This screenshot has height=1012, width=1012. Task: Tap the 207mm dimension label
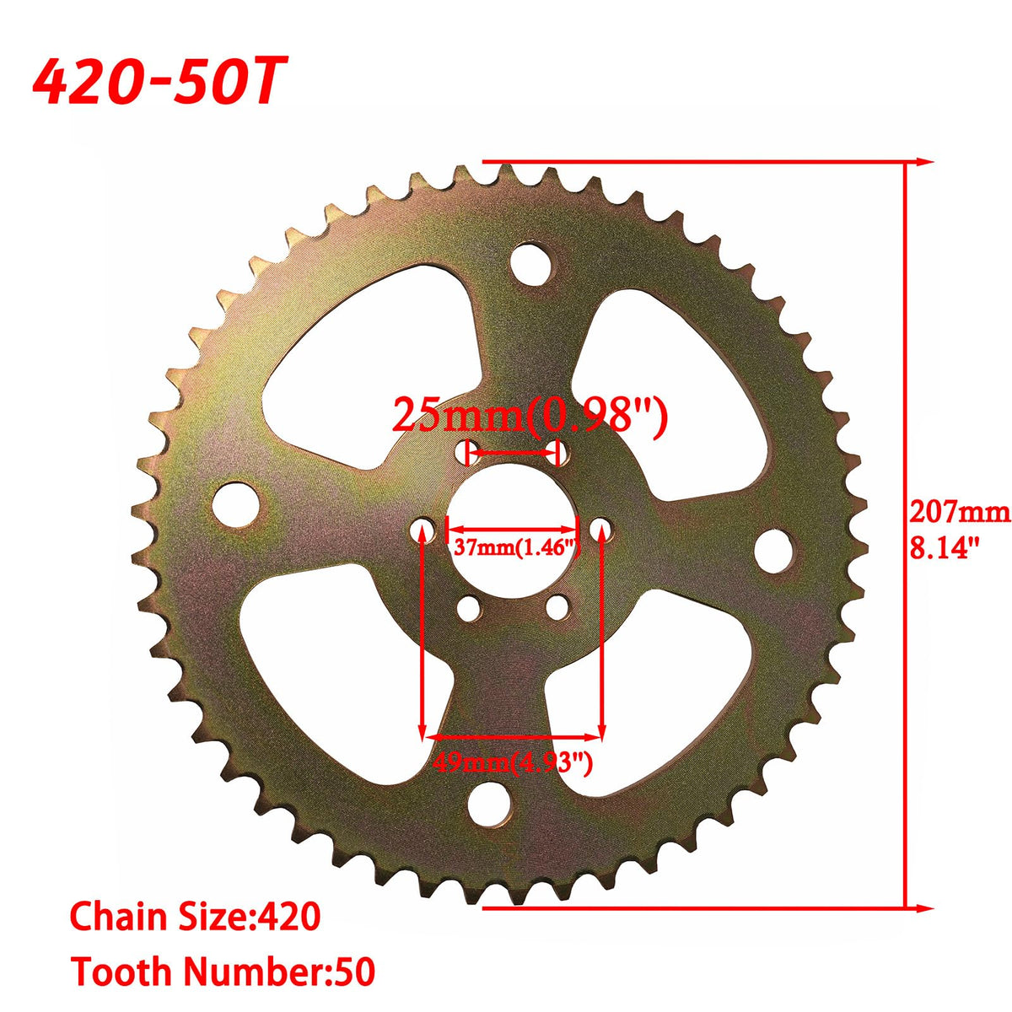[959, 511]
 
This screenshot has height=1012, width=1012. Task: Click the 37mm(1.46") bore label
[515, 546]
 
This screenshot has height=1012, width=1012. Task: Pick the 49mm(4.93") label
[513, 763]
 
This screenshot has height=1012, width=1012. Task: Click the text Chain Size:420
[195, 917]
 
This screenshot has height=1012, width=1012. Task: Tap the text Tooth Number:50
[223, 971]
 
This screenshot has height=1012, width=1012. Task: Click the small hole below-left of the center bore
[466, 608]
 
